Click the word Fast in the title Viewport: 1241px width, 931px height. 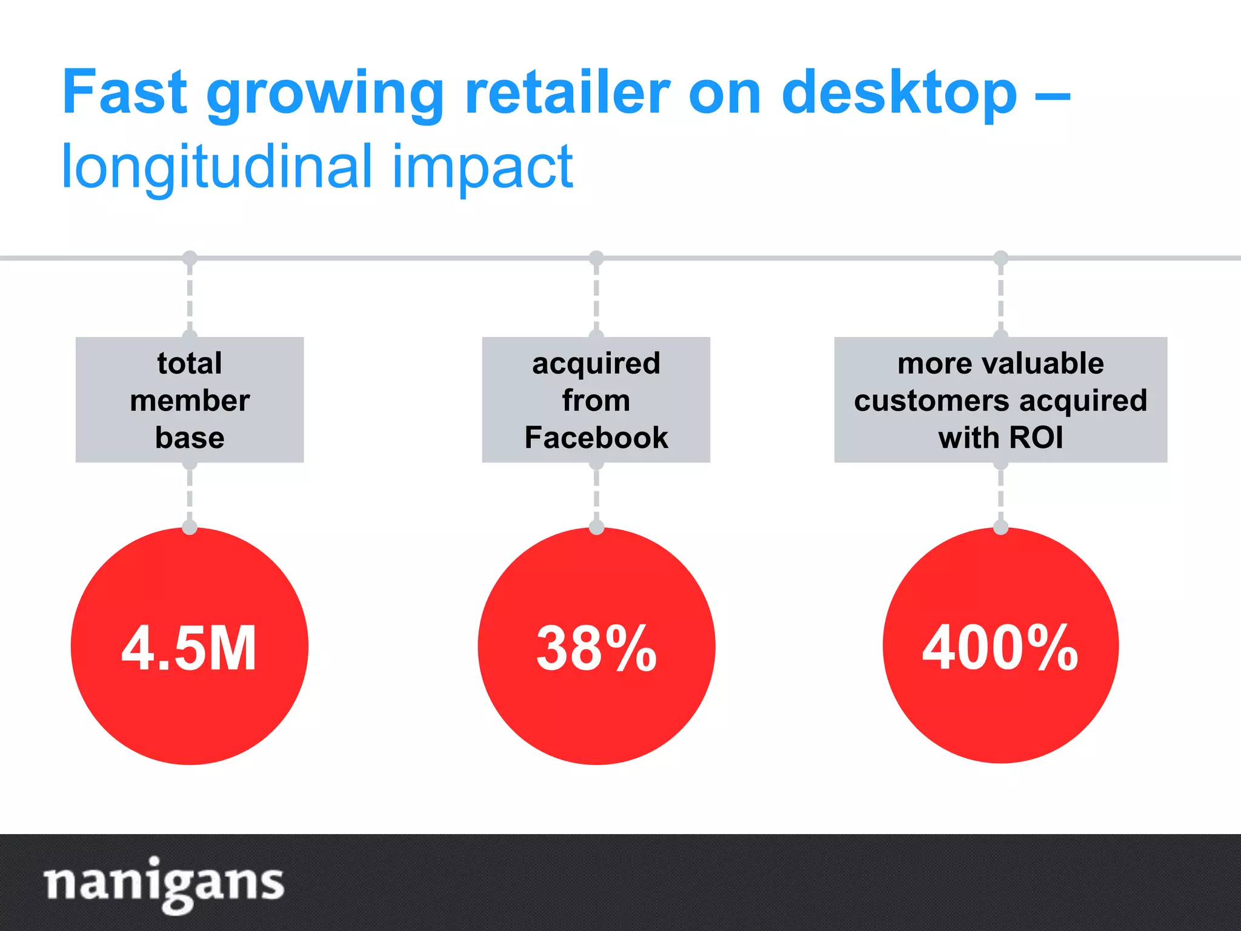124,92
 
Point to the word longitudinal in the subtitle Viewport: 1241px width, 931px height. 216,167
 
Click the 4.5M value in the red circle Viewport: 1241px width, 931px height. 189,648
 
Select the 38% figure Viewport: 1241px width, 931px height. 596,648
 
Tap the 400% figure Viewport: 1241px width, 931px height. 1000,648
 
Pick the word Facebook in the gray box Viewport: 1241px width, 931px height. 596,438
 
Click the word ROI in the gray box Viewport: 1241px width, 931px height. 1036,438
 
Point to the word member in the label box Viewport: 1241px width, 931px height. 190,401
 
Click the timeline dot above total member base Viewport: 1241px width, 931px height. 190,258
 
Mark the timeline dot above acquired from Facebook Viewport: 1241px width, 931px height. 596,258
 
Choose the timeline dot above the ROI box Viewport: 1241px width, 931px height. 1000,258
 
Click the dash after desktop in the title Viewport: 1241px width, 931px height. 1052,96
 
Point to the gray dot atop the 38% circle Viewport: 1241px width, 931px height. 596,527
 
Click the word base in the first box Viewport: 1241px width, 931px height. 190,438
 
